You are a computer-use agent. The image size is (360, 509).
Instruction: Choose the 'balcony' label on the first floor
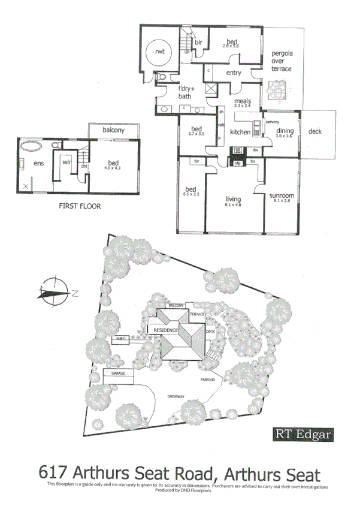pyautogui.click(x=113, y=129)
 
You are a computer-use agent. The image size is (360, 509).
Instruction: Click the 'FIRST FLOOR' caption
pyautogui.click(x=79, y=206)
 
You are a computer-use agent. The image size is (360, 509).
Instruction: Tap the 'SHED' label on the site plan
pyautogui.click(x=120, y=339)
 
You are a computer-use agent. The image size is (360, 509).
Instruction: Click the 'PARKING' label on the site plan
pyautogui.click(x=208, y=380)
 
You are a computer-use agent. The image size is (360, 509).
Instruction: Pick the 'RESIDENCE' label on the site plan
pyautogui.click(x=166, y=330)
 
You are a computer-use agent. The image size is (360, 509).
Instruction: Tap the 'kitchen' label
pyautogui.click(x=240, y=132)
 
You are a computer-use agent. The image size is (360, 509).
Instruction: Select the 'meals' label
pyautogui.click(x=243, y=101)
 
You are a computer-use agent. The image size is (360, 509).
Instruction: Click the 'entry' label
pyautogui.click(x=234, y=73)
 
